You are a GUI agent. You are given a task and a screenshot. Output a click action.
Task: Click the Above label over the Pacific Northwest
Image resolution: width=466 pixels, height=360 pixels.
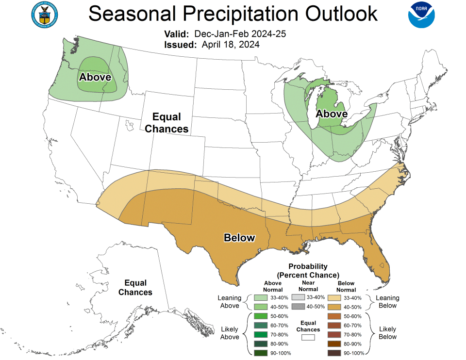pos(95,77)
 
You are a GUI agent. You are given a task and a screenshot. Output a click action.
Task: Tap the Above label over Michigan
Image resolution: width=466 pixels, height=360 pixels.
pos(332,114)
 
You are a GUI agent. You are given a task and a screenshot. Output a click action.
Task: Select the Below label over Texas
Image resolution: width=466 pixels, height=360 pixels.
pos(239,238)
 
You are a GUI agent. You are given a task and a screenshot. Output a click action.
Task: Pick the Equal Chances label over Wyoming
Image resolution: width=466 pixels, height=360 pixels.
pos(166,123)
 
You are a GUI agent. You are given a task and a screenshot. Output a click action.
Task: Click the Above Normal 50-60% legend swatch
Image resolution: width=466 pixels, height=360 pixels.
pos(260,316)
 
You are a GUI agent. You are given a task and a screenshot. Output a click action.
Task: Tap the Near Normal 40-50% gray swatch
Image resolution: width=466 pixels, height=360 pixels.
pos(299,307)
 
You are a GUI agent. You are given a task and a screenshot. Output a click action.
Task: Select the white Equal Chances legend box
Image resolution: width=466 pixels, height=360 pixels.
pos(308,337)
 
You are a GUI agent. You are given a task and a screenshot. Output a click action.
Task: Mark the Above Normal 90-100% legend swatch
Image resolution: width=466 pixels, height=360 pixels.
pos(260,353)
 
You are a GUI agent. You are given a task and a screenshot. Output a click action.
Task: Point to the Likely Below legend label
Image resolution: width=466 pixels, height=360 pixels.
pos(388,333)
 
